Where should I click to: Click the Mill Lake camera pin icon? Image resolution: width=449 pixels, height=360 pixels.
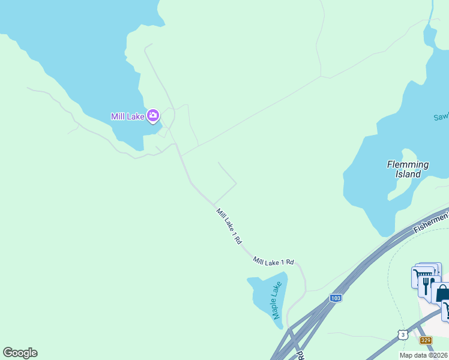pos(154,115)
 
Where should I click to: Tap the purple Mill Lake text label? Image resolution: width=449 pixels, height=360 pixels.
pos(127,116)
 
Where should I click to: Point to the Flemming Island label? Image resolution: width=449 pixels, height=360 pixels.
pos(408,169)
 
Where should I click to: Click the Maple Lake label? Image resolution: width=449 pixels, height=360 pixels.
pos(276,302)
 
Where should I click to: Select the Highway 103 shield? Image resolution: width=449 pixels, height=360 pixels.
pos(336,298)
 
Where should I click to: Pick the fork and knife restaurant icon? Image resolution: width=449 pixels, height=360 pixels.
pos(427,284)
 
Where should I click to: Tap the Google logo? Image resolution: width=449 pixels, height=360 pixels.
pos(20,353)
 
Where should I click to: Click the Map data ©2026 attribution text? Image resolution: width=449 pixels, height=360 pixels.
pos(424,355)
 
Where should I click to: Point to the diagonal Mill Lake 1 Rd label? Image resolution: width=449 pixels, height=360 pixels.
pos(229,226)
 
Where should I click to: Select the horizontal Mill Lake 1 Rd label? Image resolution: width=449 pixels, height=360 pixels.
pos(274,262)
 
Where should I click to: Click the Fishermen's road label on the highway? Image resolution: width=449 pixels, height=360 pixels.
pos(431,222)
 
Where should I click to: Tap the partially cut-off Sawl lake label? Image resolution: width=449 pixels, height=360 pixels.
pos(441,117)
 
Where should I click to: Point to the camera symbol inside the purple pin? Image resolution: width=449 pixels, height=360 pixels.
pos(154,114)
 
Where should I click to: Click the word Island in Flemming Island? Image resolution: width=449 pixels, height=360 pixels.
pos(408,174)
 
